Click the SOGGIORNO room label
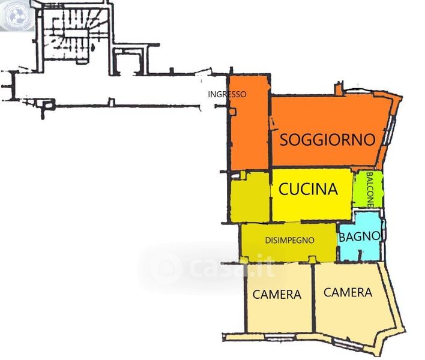click(327, 140)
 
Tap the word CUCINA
click(309, 189)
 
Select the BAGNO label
click(360, 236)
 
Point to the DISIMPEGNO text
click(290, 240)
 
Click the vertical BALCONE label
click(370, 190)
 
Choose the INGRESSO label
click(227, 94)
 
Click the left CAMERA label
click(277, 295)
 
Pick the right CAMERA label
click(348, 293)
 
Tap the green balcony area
click(368, 190)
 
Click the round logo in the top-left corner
click(17, 15)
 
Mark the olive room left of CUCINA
click(250, 197)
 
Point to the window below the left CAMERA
click(280, 337)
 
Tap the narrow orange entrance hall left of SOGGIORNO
click(249, 122)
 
